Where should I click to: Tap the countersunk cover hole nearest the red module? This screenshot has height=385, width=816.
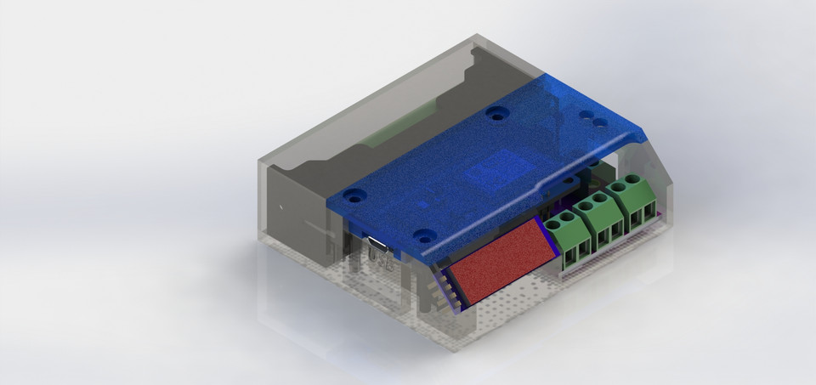(421, 235)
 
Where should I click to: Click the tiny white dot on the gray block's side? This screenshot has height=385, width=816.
(280, 205)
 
